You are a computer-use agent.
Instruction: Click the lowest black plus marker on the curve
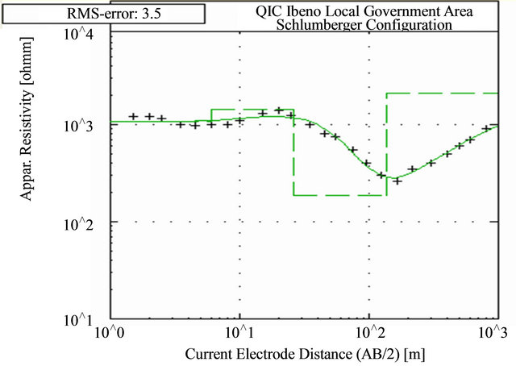click(x=397, y=181)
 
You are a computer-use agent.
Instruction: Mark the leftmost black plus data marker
click(x=134, y=117)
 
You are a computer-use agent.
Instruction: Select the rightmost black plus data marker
click(x=486, y=129)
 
